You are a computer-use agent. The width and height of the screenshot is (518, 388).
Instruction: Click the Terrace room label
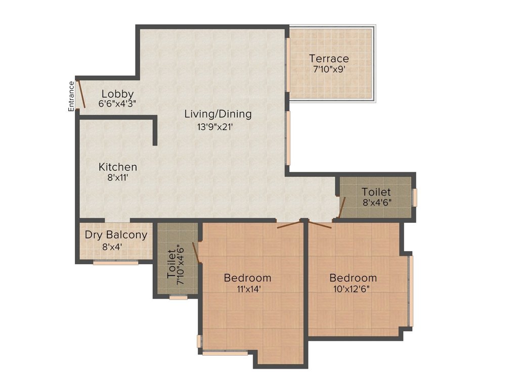click(329, 59)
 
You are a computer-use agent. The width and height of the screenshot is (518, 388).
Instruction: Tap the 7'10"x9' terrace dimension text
click(329, 70)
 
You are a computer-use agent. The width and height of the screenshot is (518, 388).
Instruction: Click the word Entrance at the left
click(71, 95)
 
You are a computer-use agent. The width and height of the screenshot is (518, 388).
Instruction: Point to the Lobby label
click(117, 94)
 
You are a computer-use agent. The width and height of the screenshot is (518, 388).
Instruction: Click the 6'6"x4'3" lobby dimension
click(117, 104)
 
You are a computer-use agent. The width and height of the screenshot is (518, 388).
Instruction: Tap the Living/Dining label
click(218, 114)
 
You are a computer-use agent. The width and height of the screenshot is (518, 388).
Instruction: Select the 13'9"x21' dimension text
click(218, 127)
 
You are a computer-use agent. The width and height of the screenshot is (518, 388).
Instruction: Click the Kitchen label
click(117, 167)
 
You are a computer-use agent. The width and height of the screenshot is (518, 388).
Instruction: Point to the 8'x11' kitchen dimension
click(117, 178)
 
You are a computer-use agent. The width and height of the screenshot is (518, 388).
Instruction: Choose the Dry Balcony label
click(116, 235)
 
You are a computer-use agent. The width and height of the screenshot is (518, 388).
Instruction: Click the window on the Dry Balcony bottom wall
click(115, 262)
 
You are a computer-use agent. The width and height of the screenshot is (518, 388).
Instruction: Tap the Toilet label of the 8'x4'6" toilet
click(376, 192)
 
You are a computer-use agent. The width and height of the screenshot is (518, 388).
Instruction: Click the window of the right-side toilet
click(415, 198)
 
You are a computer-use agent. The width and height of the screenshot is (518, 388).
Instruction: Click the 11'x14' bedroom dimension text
click(247, 289)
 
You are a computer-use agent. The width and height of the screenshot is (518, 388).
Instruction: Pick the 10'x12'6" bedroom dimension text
click(353, 289)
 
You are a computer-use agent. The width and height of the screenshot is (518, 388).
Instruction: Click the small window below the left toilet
click(178, 298)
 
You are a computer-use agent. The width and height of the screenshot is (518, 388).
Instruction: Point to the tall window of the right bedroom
click(411, 291)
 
